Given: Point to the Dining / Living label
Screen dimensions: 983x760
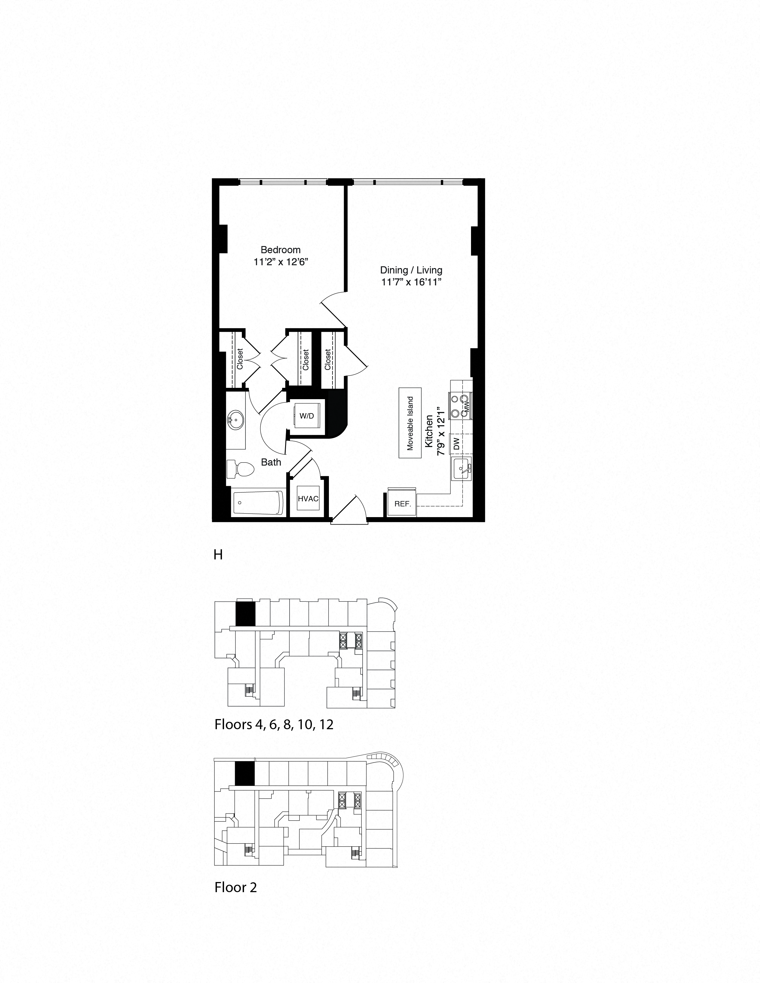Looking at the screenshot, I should pyautogui.click(x=411, y=270).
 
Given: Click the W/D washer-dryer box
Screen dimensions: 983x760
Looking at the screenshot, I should pyautogui.click(x=307, y=416).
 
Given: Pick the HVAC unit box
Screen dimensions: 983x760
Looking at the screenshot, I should pyautogui.click(x=308, y=499).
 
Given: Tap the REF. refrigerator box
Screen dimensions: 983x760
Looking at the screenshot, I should pyautogui.click(x=402, y=504).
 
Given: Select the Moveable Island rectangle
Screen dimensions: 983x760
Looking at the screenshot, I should pyautogui.click(x=410, y=423).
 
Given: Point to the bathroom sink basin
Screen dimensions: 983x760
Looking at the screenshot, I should pyautogui.click(x=235, y=421).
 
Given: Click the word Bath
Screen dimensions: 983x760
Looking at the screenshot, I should pyautogui.click(x=271, y=462).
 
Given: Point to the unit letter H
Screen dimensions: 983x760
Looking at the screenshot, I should pyautogui.click(x=218, y=555).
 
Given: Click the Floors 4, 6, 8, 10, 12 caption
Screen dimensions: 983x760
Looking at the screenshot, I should pyautogui.click(x=274, y=725).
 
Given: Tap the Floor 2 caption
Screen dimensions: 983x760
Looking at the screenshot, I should pyautogui.click(x=235, y=887).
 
